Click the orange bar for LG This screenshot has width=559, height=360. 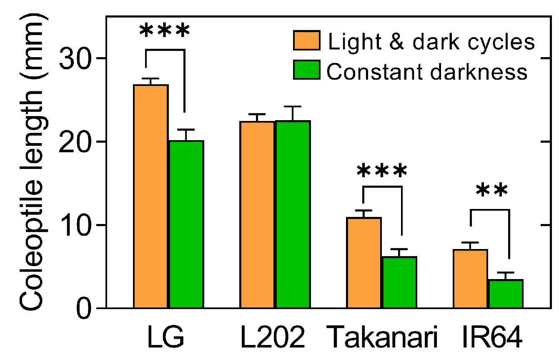[x=150, y=196]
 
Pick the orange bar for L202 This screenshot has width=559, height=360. [x=257, y=215]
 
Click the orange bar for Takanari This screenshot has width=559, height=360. [x=364, y=263]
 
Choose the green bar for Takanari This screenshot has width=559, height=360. [x=399, y=282]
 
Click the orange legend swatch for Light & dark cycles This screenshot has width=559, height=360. [x=306, y=41]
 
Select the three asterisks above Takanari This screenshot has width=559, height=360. [x=382, y=171]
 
